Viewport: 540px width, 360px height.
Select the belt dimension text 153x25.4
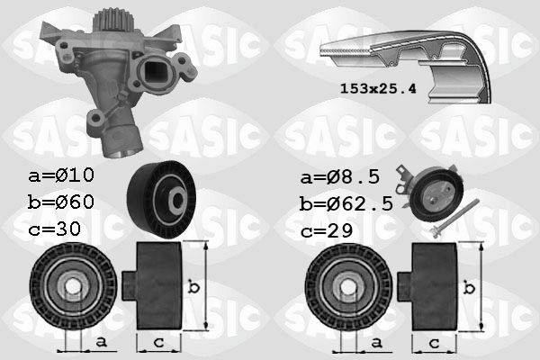coord(378,88)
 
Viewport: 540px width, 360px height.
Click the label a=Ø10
coord(61,175)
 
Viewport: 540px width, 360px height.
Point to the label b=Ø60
coord(61,202)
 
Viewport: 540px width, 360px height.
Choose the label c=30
coord(54,229)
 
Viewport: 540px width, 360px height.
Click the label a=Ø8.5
coord(340,177)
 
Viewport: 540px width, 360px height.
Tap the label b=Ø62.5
coord(346,204)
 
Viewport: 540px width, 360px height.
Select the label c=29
coord(327,230)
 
